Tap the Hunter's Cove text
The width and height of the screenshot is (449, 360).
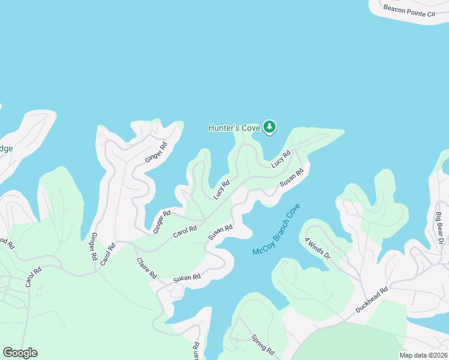(x=234, y=128)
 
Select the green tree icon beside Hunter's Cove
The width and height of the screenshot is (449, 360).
(x=270, y=127)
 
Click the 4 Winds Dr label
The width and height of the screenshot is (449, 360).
(x=318, y=248)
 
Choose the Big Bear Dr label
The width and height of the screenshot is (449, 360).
(x=439, y=228)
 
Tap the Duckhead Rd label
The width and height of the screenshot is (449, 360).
(x=372, y=299)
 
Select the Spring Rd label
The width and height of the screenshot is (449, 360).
(x=262, y=344)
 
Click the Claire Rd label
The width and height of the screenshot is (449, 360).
(x=146, y=268)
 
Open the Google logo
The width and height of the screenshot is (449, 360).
(x=20, y=353)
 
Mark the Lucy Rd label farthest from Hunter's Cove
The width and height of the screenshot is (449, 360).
(x=221, y=190)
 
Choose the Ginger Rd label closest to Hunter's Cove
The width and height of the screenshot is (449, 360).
(x=155, y=153)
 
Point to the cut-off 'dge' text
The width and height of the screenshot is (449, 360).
(x=6, y=148)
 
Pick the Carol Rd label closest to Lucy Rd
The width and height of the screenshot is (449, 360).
(x=185, y=230)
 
